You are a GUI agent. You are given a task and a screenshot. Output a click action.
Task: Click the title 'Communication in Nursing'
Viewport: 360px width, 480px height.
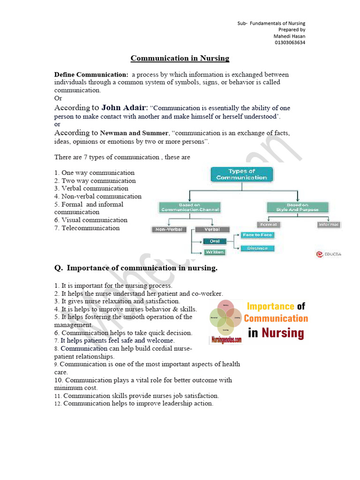[180, 59]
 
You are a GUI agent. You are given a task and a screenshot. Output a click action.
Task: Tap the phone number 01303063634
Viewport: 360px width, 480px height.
[290, 43]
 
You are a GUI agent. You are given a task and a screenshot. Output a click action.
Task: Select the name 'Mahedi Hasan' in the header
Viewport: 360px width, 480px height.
[289, 36]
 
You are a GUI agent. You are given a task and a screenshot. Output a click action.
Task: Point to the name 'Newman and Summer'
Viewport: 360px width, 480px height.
[134, 133]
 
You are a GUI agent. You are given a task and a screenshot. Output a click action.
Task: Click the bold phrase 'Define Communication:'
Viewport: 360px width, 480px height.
[91, 75]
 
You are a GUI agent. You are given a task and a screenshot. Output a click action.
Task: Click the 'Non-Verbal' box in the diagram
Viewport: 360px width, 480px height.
[169, 230]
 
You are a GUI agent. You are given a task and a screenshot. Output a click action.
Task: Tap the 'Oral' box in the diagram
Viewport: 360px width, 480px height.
[215, 241]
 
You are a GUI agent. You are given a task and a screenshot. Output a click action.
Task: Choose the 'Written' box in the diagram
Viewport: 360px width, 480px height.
[215, 252]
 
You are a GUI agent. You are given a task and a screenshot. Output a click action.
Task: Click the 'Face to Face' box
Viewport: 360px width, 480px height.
[257, 235]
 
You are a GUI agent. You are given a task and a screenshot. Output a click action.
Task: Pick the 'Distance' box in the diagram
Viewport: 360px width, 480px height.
[257, 248]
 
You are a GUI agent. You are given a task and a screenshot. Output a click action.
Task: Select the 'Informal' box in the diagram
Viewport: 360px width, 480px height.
[328, 225]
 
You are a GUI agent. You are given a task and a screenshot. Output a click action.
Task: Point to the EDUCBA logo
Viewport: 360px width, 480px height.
[328, 255]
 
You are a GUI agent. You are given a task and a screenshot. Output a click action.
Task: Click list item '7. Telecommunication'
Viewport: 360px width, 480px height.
[87, 228]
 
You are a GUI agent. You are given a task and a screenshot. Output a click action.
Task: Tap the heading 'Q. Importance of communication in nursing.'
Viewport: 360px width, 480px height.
[136, 268]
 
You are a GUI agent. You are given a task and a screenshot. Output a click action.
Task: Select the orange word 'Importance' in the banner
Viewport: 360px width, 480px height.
[270, 307]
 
